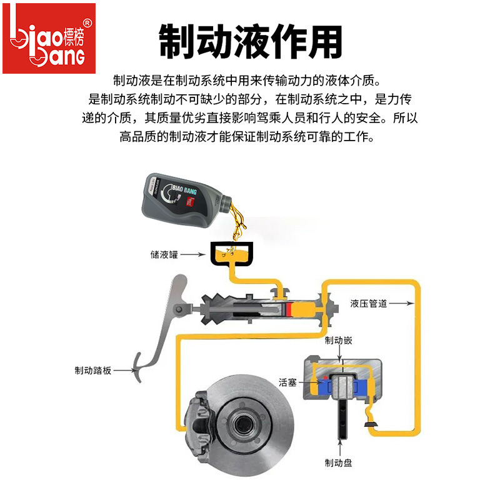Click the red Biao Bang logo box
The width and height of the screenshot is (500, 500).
49,38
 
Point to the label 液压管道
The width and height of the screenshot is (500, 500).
368,304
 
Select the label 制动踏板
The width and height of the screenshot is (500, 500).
92,370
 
